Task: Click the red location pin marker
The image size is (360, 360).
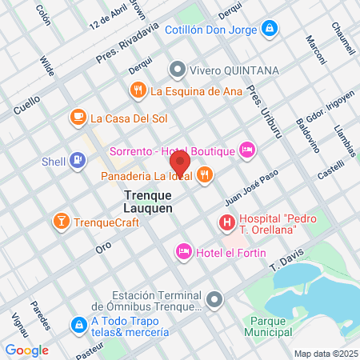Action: tap(181, 163)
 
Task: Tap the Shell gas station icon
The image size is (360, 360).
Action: tap(77, 162)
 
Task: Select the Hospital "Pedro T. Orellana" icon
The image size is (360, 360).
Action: tap(227, 222)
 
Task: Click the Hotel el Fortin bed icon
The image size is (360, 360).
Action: tap(183, 252)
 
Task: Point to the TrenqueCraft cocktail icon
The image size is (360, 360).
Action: tap(60, 221)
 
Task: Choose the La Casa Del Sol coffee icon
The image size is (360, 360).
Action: tap(78, 118)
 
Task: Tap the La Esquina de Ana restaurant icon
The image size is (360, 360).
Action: tap(138, 90)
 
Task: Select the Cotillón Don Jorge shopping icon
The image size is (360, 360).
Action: tap(270, 30)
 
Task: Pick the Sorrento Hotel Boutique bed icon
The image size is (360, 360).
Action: tap(247, 150)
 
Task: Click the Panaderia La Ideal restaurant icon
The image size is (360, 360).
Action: tap(205, 174)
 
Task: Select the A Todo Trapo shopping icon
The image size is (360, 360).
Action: tap(78, 326)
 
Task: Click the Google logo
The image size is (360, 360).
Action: tap(27, 350)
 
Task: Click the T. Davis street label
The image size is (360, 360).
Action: tap(287, 258)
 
